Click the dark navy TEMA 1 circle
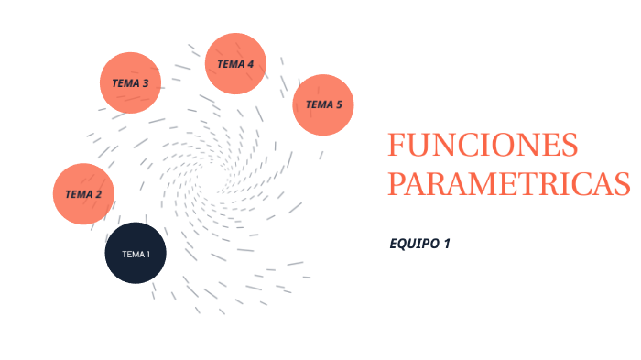[x=136, y=253]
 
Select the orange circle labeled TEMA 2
[x=83, y=194]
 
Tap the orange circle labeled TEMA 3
[x=130, y=82]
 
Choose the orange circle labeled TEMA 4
[x=235, y=63]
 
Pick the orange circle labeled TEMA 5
[x=323, y=104]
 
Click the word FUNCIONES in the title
[x=483, y=146]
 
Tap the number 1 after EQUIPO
[x=447, y=244]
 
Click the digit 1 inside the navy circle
[x=147, y=254]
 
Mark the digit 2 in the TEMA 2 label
[x=98, y=194]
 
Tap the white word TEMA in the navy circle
[x=132, y=254]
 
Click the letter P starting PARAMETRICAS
[x=396, y=182]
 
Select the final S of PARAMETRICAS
[x=621, y=182]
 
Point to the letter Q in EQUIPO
[x=404, y=244]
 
